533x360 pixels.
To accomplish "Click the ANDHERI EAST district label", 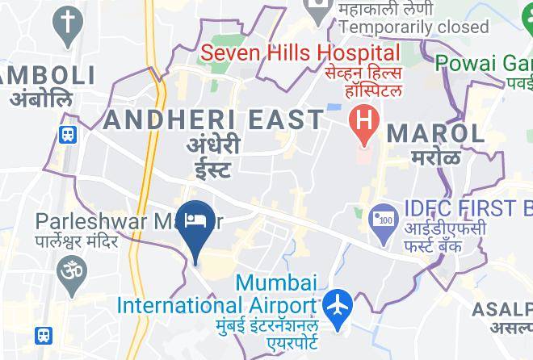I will point(214,119).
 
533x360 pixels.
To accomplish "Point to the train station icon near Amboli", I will point(68,134).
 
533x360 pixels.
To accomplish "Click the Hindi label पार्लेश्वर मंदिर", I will point(78,241).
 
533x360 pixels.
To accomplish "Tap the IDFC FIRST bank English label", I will point(464,208).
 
